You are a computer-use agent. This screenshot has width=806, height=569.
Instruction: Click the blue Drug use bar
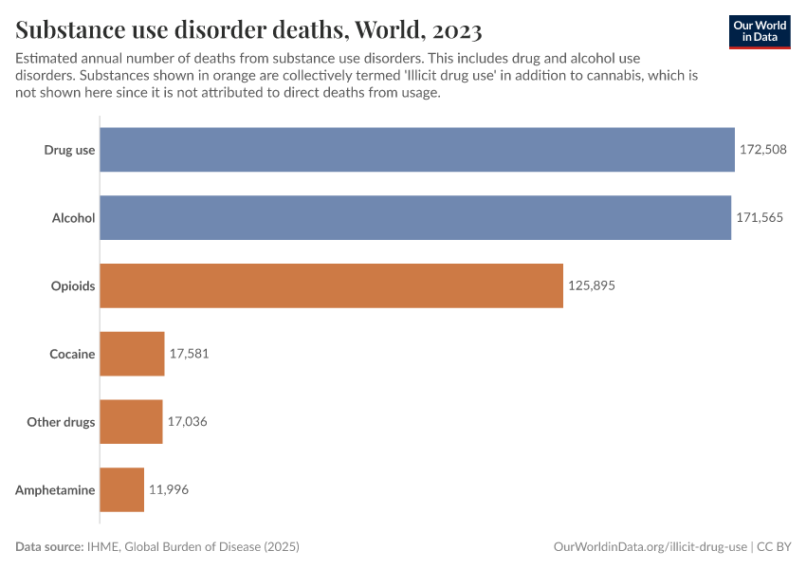(x=417, y=149)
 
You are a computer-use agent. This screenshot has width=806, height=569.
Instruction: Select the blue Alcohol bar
(x=415, y=217)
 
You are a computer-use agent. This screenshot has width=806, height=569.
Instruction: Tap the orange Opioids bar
(x=331, y=285)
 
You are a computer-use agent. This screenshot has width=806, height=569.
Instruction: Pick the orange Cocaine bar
(x=132, y=354)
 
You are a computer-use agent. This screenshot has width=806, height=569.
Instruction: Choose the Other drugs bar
(x=131, y=422)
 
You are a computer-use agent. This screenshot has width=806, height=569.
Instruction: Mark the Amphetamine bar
(x=121, y=490)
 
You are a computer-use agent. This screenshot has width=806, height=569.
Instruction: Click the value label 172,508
(x=763, y=149)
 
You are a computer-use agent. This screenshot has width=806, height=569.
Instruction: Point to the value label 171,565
(x=760, y=217)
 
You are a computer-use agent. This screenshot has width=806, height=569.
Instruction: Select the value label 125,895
(x=592, y=285)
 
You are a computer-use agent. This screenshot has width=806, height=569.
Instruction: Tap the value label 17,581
(x=189, y=354)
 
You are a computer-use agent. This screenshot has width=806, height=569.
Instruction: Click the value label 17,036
(x=187, y=422)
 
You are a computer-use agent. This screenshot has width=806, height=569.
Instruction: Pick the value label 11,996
(x=169, y=490)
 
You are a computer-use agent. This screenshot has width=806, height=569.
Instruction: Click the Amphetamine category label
(x=55, y=490)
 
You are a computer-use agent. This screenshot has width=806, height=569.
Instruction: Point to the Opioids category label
(x=73, y=285)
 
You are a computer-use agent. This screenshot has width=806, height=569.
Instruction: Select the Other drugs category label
(x=61, y=422)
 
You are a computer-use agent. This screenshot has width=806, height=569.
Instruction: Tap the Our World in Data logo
(x=760, y=31)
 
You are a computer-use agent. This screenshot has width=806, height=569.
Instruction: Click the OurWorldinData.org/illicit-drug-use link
(x=650, y=547)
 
